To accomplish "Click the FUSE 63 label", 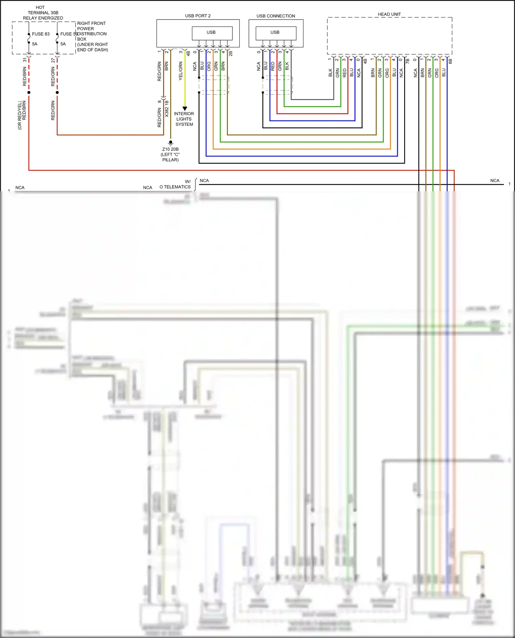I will (41, 34).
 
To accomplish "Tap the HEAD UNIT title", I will (389, 14).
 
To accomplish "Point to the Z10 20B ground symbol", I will (171, 142).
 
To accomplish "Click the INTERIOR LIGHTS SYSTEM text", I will (184, 119).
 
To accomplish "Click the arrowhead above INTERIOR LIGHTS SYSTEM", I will (185, 108).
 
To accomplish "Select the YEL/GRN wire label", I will (181, 71).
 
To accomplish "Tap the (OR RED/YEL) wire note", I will (20, 115).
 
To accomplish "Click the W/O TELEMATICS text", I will (176, 184).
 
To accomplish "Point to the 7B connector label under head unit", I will (408, 61).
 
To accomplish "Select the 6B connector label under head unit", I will (450, 61).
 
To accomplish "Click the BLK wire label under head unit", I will (330, 73).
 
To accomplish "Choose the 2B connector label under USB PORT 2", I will (230, 53).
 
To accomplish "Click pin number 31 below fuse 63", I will (25, 60).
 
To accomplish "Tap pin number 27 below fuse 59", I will (53, 60).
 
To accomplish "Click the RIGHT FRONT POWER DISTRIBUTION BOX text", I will (92, 36).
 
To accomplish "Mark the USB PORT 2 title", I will (198, 16).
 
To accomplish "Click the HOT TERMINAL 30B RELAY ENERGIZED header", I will (43, 13).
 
